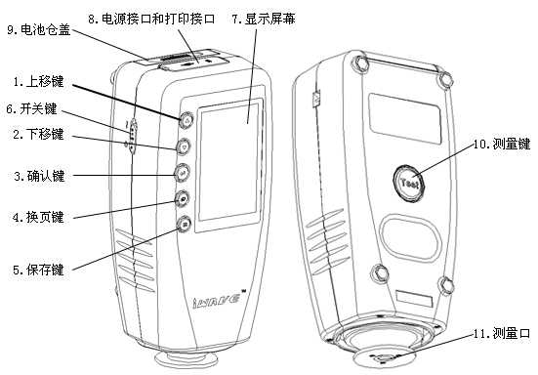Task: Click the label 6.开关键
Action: tap(33, 108)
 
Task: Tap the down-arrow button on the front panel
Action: tap(184, 146)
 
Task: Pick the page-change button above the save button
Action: tap(183, 199)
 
